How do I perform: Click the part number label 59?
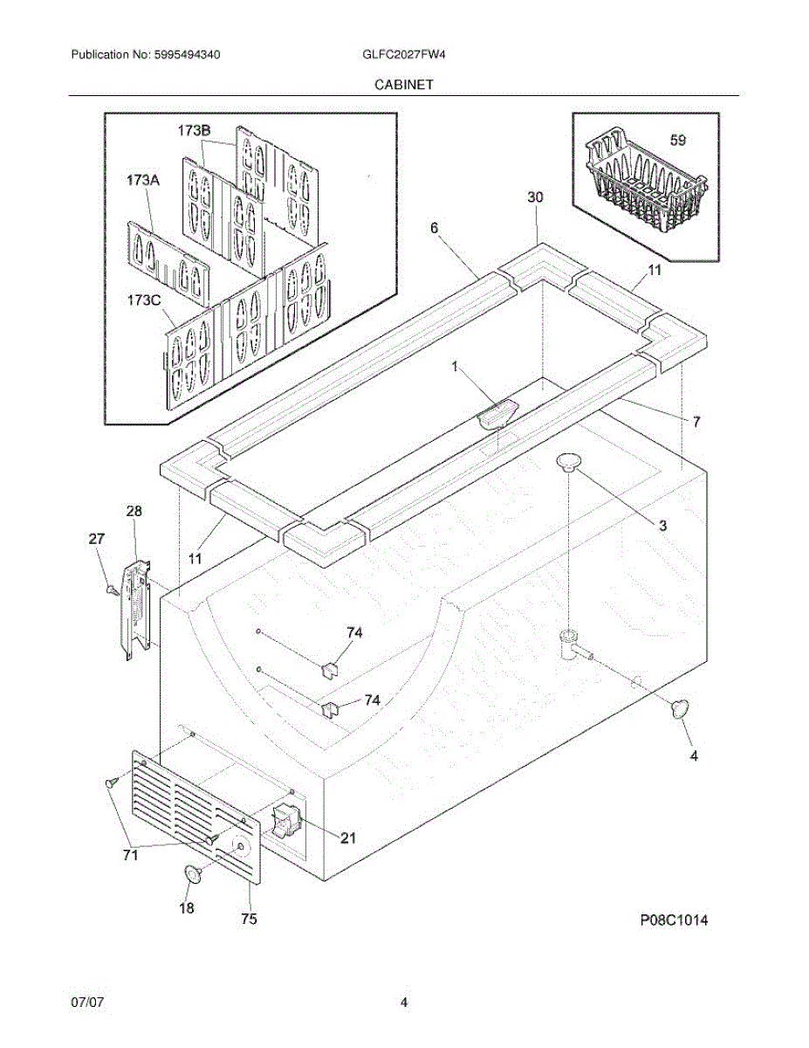click(x=678, y=140)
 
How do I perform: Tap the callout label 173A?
click(x=143, y=180)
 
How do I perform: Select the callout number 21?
click(x=348, y=838)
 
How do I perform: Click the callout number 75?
click(x=249, y=919)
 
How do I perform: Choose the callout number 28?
click(x=134, y=511)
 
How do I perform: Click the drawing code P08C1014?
click(x=673, y=920)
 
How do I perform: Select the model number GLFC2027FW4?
click(x=399, y=54)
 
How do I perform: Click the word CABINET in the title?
click(x=405, y=85)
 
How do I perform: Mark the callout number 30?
click(x=535, y=197)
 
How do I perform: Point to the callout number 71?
click(x=130, y=856)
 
